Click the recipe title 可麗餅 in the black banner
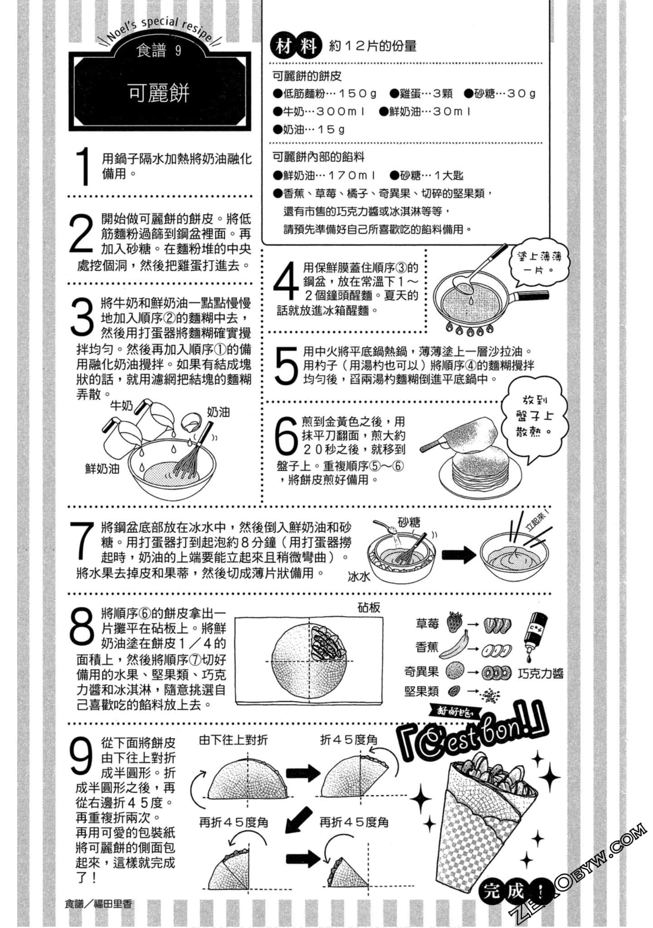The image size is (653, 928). [159, 93]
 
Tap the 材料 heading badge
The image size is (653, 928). [296, 46]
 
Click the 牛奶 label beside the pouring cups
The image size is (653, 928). [122, 405]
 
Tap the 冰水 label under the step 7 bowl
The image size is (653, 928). [359, 576]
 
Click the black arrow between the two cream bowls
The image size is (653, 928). [459, 554]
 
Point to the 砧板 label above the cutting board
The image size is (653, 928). [369, 607]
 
